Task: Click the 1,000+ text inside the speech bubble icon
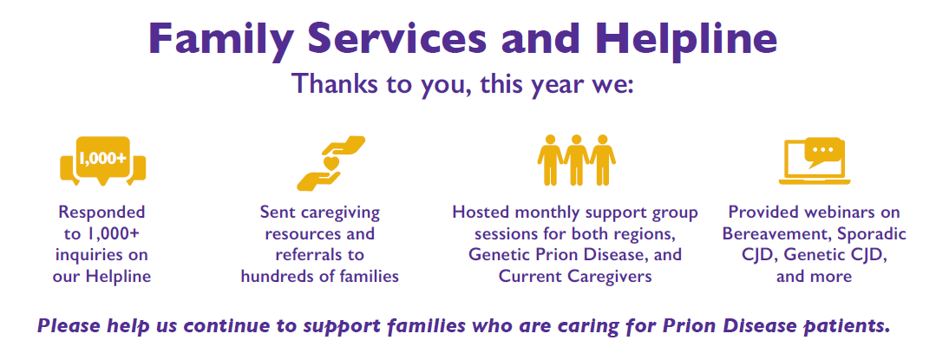(102, 158)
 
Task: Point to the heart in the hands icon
(331, 162)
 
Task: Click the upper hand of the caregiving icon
(340, 147)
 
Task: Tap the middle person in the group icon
(576, 159)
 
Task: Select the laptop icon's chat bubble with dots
(826, 152)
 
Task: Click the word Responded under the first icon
(101, 213)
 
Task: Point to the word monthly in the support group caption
(545, 213)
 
